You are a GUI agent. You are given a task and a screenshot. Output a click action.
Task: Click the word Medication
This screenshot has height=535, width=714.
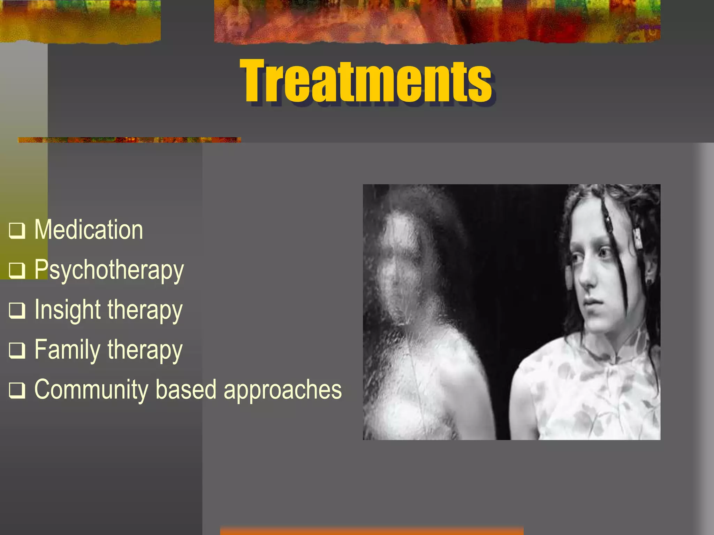pyautogui.click(x=89, y=230)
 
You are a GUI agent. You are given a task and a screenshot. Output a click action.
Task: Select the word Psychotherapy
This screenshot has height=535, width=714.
pyautogui.click(x=109, y=270)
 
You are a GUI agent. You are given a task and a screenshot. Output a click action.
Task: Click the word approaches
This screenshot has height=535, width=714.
pyautogui.click(x=282, y=390)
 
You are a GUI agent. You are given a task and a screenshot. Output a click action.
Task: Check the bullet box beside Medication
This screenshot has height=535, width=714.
pyautogui.click(x=17, y=231)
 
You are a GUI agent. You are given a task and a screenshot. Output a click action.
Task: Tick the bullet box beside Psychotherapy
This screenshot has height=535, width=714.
pyautogui.click(x=17, y=270)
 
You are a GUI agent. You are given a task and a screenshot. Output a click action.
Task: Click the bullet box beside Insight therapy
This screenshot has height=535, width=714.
pyautogui.click(x=17, y=310)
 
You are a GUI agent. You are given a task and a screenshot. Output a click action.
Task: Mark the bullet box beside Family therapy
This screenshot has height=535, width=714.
pyautogui.click(x=17, y=350)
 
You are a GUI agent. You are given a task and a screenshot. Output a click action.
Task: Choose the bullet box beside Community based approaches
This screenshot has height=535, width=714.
pyautogui.click(x=17, y=390)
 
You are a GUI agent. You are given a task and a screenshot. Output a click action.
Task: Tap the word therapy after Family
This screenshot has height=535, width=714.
pyautogui.click(x=145, y=350)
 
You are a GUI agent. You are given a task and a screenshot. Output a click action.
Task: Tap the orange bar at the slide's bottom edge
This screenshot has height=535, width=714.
pyautogui.click(x=372, y=530)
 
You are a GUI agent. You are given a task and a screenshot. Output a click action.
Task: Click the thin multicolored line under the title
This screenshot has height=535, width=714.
pyautogui.click(x=129, y=140)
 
